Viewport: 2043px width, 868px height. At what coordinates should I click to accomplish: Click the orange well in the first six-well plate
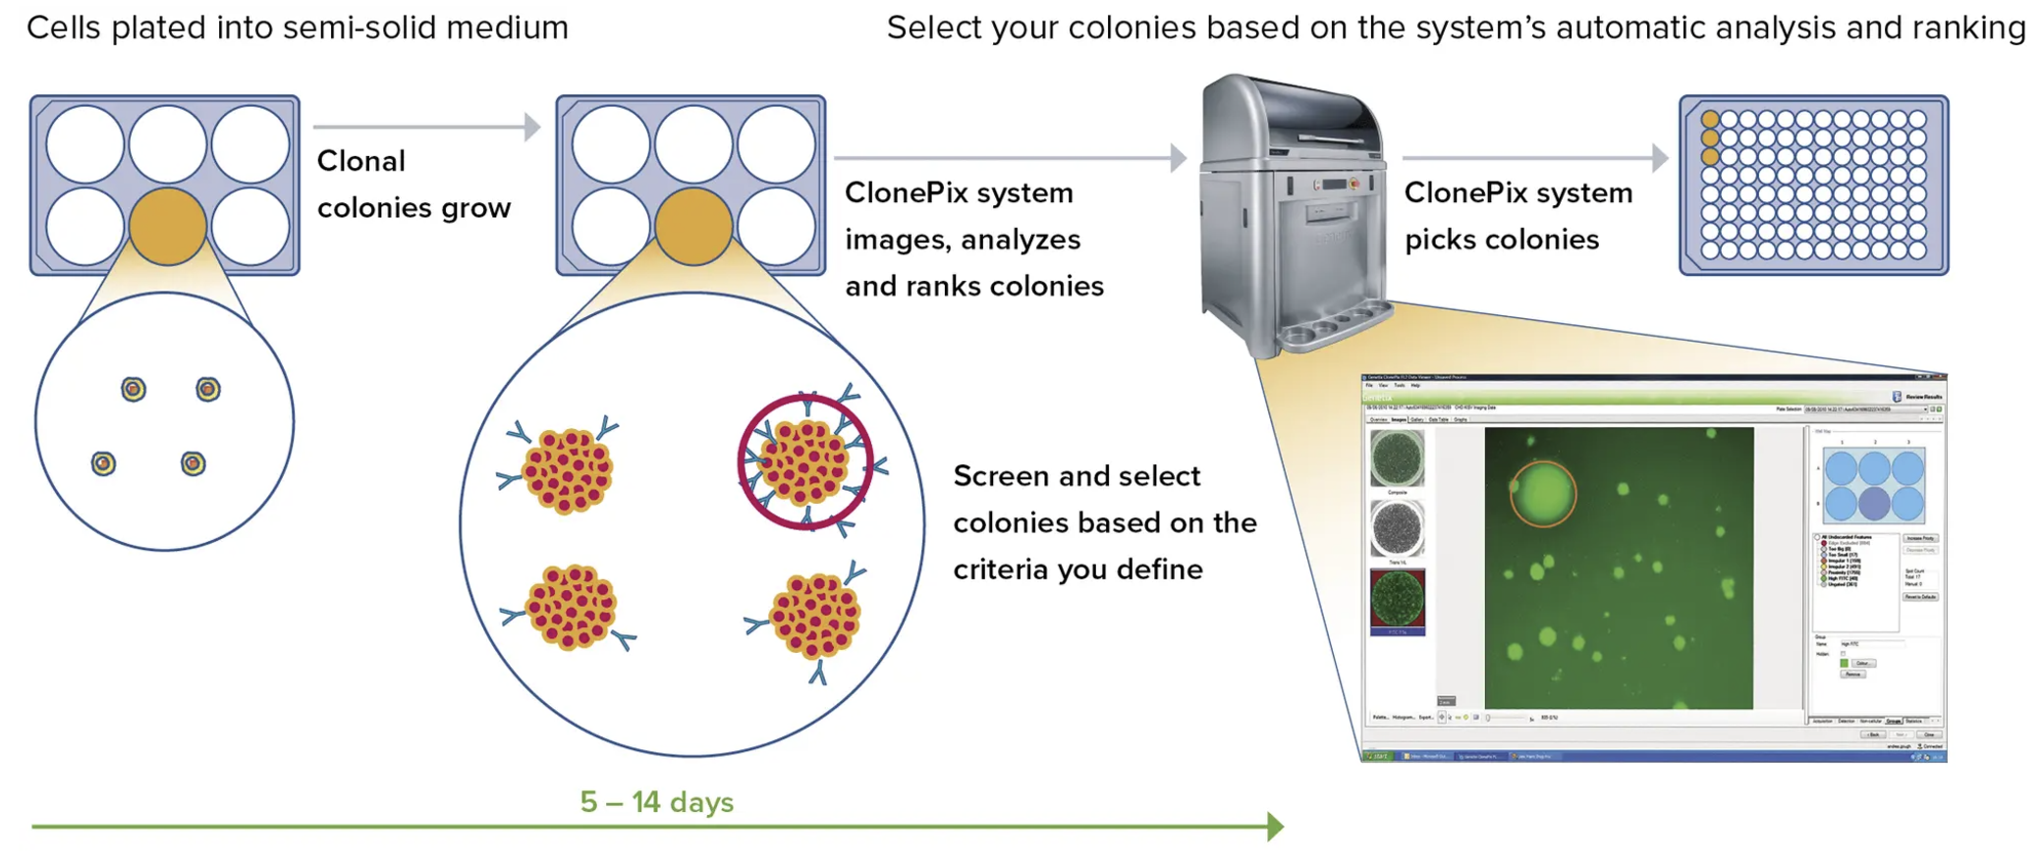(168, 226)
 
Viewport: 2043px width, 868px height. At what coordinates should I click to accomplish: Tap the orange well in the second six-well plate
(693, 226)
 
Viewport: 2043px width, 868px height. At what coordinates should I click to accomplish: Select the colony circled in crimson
(805, 462)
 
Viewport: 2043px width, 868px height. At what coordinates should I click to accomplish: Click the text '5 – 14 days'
(656, 802)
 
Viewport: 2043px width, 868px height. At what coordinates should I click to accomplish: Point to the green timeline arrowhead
(1275, 827)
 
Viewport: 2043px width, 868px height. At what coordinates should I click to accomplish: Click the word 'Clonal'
(360, 161)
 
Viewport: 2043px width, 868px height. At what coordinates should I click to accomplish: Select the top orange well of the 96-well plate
(1710, 120)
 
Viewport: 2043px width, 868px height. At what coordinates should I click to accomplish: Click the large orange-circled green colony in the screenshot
(1542, 494)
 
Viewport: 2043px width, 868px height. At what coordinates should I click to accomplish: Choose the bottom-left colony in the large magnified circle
(570, 608)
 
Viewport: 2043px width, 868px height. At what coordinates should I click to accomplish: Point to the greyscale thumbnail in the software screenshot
(1397, 528)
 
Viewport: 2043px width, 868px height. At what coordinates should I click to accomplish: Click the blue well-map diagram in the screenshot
(1873, 485)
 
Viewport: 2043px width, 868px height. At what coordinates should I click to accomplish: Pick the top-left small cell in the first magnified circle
(134, 390)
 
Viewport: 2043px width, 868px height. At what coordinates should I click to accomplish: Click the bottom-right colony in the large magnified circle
(814, 616)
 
